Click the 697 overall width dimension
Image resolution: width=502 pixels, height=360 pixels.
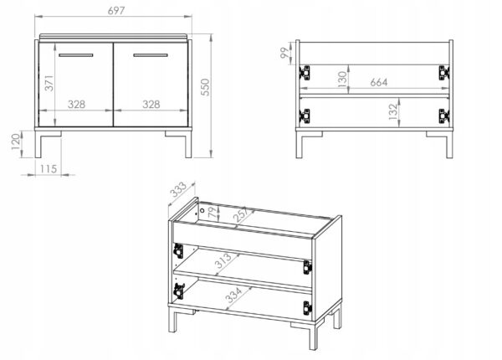[116, 11]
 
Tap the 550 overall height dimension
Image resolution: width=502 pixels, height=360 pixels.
[205, 87]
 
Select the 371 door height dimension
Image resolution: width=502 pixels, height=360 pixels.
[49, 83]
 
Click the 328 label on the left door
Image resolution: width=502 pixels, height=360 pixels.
[76, 104]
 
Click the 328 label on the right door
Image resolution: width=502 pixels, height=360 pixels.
[151, 104]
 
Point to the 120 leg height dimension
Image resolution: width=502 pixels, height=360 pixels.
[16, 141]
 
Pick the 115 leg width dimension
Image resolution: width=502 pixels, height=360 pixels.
[49, 169]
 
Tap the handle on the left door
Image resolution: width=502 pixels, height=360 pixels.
[76, 55]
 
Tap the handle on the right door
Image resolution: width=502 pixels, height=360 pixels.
[151, 55]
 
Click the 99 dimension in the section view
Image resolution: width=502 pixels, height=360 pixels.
[284, 53]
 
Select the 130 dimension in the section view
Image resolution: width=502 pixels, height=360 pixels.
[342, 80]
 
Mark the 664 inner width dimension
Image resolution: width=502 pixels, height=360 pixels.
[379, 82]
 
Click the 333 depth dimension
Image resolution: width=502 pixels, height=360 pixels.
[177, 189]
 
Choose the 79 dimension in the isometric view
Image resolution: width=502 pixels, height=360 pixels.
[213, 213]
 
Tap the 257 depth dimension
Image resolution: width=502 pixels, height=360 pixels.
[241, 214]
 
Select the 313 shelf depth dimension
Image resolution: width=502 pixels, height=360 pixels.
[223, 260]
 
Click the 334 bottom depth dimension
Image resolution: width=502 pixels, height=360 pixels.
[233, 296]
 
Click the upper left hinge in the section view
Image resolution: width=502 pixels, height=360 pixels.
[305, 73]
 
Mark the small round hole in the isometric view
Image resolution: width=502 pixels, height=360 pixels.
[202, 211]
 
